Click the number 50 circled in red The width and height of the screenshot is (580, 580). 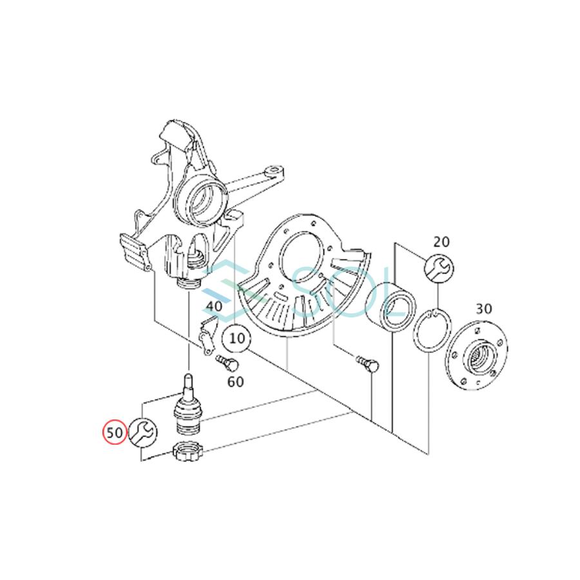pos(115,432)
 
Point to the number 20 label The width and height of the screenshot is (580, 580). pos(441,242)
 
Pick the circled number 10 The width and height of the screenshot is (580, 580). pos(236,338)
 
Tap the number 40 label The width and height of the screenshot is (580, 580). pos(215,306)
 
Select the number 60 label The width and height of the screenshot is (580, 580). pos(236,382)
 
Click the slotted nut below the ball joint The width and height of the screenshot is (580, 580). pos(188,455)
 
